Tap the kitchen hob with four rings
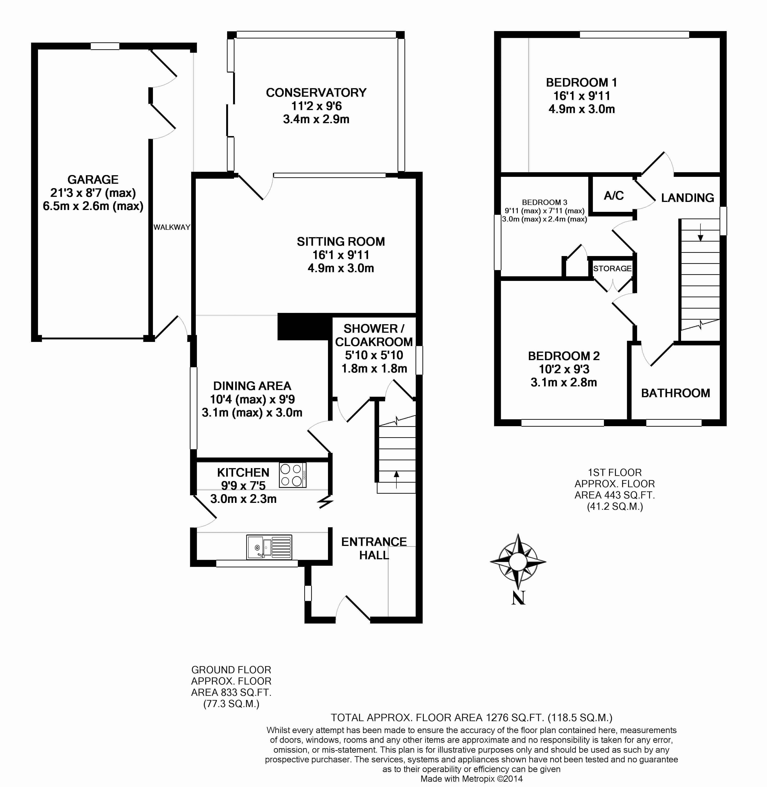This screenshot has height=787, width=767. tap(293, 475)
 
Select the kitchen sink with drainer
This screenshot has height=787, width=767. tap(269, 547)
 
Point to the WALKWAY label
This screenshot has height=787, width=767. tap(172, 227)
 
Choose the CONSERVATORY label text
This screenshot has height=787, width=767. tap(316, 93)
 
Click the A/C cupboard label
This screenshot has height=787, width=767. tap(614, 196)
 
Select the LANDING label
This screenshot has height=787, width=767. tap(688, 198)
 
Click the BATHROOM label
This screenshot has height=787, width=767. tap(676, 393)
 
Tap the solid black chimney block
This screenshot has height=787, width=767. tap(304, 327)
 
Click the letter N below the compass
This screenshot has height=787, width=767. tap(518, 598)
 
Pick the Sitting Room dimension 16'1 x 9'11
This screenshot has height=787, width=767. tap(341, 255)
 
